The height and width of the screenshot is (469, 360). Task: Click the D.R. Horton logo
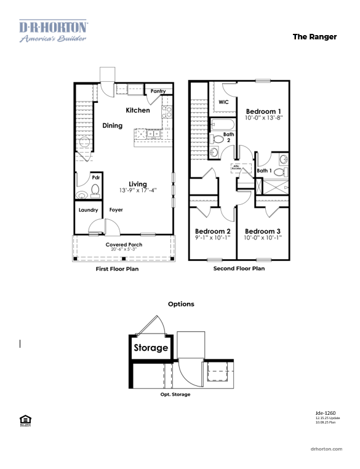tap(53, 31)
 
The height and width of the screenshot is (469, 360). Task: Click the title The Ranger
tap(314, 37)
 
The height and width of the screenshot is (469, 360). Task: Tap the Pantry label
tap(158, 91)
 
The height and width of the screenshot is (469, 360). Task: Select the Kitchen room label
tap(138, 111)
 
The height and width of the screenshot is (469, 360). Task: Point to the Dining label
tap(112, 126)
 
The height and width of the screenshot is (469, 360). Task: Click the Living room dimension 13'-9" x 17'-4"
tap(138, 191)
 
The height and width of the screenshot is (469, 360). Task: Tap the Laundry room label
tap(89, 210)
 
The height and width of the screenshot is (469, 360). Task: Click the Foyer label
tap(116, 210)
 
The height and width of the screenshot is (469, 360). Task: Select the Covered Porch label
tap(124, 244)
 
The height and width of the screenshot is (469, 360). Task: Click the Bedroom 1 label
tap(263, 111)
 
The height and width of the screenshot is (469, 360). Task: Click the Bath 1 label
tap(264, 170)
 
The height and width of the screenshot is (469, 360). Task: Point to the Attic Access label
tap(236, 167)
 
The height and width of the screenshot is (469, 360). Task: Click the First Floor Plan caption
tap(118, 269)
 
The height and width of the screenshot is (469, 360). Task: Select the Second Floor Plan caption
tap(239, 269)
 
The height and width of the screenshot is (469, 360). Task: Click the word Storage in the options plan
tap(151, 348)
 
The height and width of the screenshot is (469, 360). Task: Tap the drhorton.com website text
tap(326, 449)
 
